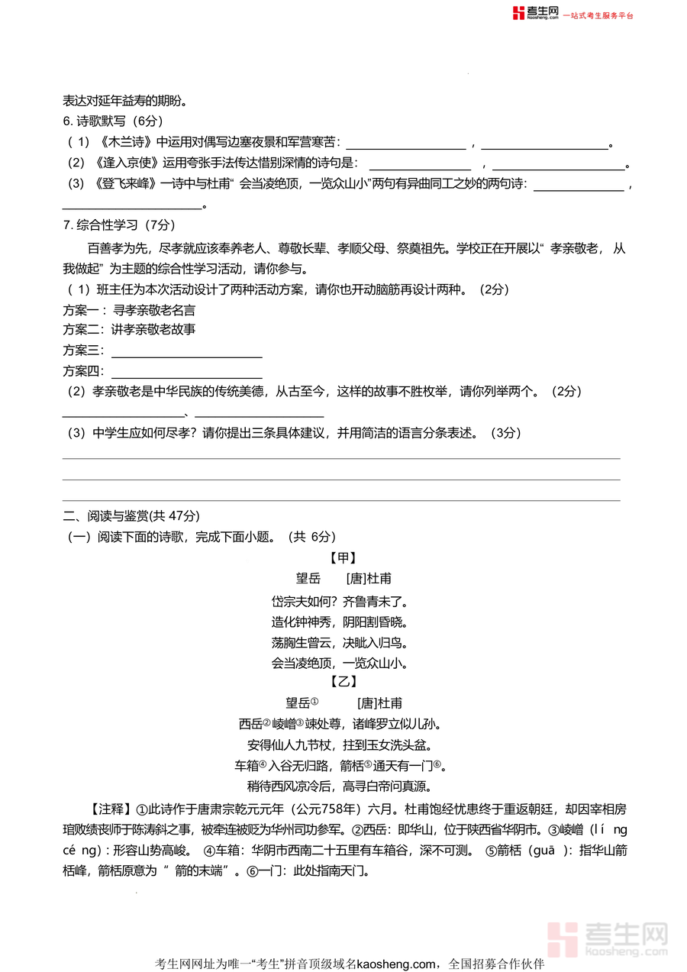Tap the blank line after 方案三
point(187,351)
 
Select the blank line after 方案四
point(187,372)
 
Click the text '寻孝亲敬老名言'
point(154,310)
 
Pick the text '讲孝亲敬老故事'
point(154,330)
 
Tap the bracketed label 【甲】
point(343,558)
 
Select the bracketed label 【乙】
point(343,682)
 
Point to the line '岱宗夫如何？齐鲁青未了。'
point(343,600)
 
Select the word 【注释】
point(111,809)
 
